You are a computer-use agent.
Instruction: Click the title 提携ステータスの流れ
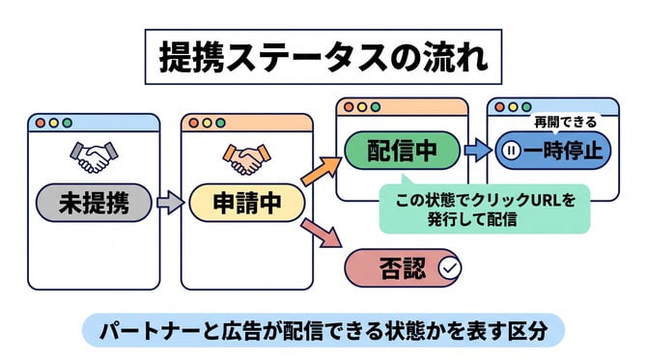pos(323,57)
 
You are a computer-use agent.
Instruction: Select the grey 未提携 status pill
pos(94,203)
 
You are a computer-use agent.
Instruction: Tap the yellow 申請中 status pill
pos(247,203)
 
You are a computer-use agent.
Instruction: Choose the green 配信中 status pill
pos(403,151)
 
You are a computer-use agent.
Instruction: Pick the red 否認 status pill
pos(403,268)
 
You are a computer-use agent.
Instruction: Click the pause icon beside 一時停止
pos(511,151)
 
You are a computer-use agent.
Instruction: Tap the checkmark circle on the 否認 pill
pos(450,268)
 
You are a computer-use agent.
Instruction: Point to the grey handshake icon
pos(94,157)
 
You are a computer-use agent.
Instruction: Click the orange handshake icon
pos(247,159)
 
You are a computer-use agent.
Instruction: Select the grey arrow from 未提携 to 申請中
pos(170,203)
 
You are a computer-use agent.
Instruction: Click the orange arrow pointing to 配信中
pos(322,171)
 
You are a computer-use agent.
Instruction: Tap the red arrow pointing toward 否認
pos(322,234)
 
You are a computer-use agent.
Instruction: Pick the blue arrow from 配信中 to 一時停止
pos(478,151)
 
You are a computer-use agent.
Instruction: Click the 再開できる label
pos(565,122)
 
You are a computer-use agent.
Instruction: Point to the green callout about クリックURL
pos(485,208)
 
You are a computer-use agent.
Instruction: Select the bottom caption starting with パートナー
pos(323,331)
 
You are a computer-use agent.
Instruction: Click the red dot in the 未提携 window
pos(40,123)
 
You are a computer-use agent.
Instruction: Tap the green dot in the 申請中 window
pos(221,123)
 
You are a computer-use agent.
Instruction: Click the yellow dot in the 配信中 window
pos(362,107)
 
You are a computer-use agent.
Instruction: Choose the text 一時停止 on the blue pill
pos(563,151)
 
